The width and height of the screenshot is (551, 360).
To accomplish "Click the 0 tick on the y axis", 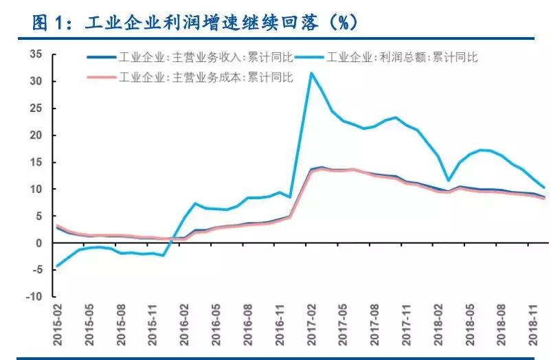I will coord(39,243).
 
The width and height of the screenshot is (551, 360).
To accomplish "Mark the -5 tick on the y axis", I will coord(36,270).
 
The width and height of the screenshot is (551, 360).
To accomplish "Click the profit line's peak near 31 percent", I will coord(312,73).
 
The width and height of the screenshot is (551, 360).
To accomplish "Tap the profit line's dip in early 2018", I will coord(449,181).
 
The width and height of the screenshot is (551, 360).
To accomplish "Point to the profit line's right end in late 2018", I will coord(545,187).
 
